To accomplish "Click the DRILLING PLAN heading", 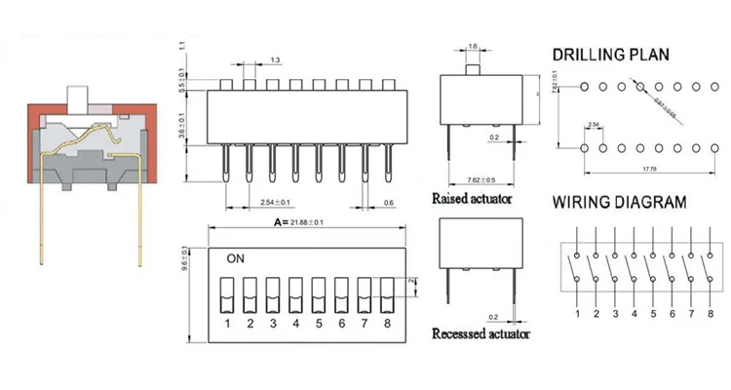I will [x=610, y=56].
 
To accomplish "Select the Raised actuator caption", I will [x=472, y=198].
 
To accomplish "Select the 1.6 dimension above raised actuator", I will [x=472, y=46].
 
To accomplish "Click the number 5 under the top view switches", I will [x=318, y=323].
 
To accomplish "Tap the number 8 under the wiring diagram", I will [x=711, y=313].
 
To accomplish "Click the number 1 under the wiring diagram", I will [x=577, y=313].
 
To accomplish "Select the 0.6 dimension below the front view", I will [x=388, y=202].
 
